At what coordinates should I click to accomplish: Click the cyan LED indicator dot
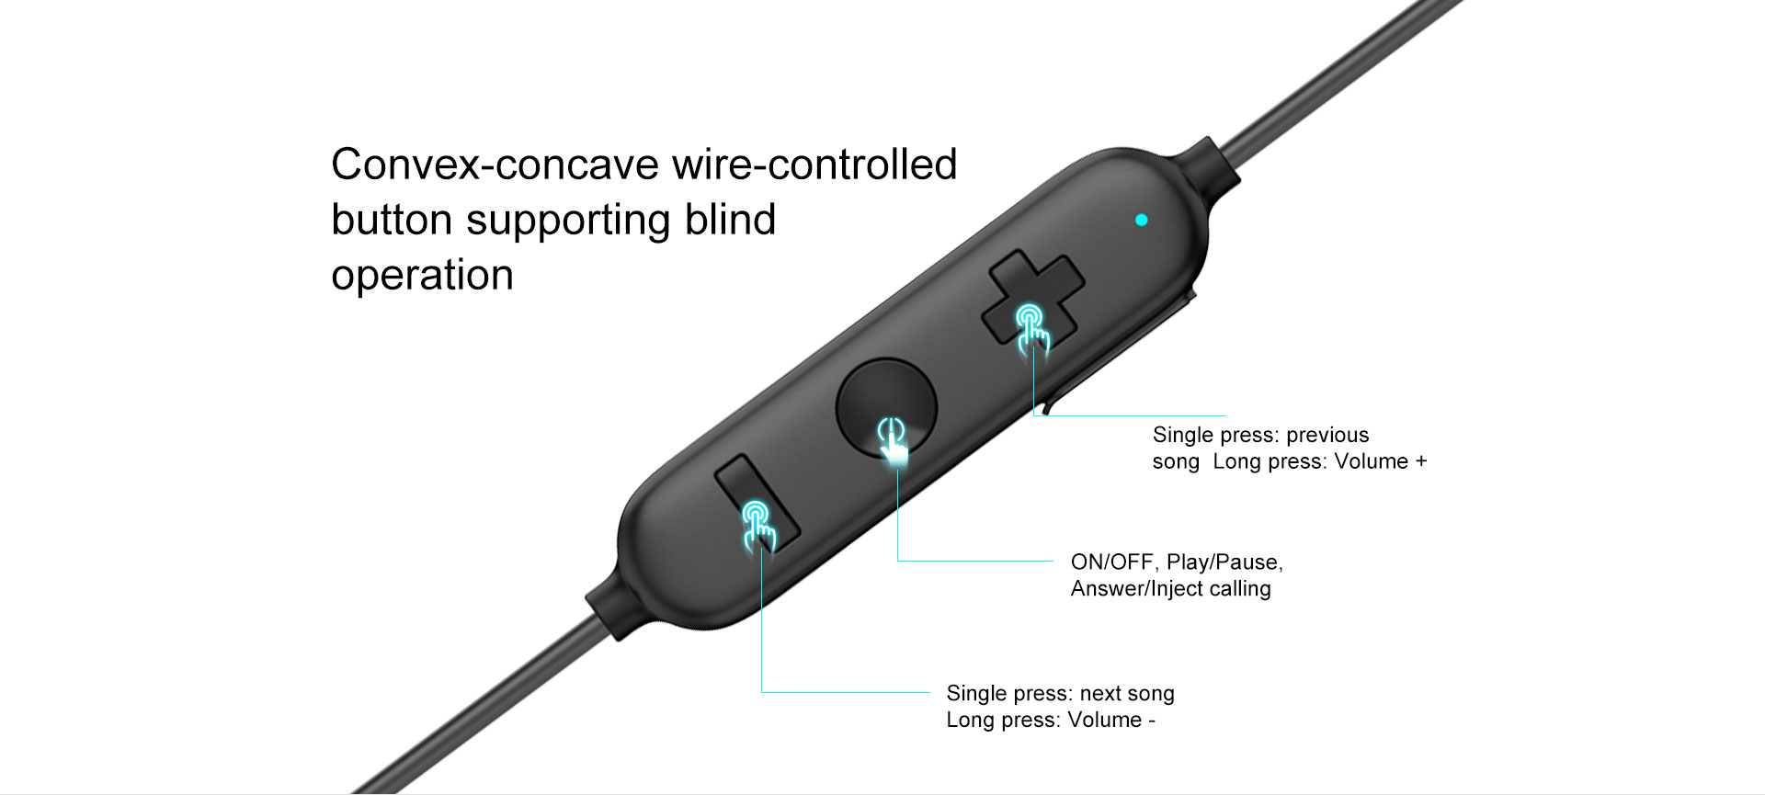1142,220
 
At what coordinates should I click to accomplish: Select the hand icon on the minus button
759,527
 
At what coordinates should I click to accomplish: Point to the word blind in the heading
730,220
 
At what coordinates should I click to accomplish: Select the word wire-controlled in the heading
814,165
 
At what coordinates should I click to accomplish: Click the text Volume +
1381,461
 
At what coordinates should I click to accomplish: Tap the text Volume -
1111,720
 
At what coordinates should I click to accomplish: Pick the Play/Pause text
1224,562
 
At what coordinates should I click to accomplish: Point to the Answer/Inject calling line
1170,589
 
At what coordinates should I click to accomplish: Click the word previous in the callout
1327,436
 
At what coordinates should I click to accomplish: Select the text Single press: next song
1060,694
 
